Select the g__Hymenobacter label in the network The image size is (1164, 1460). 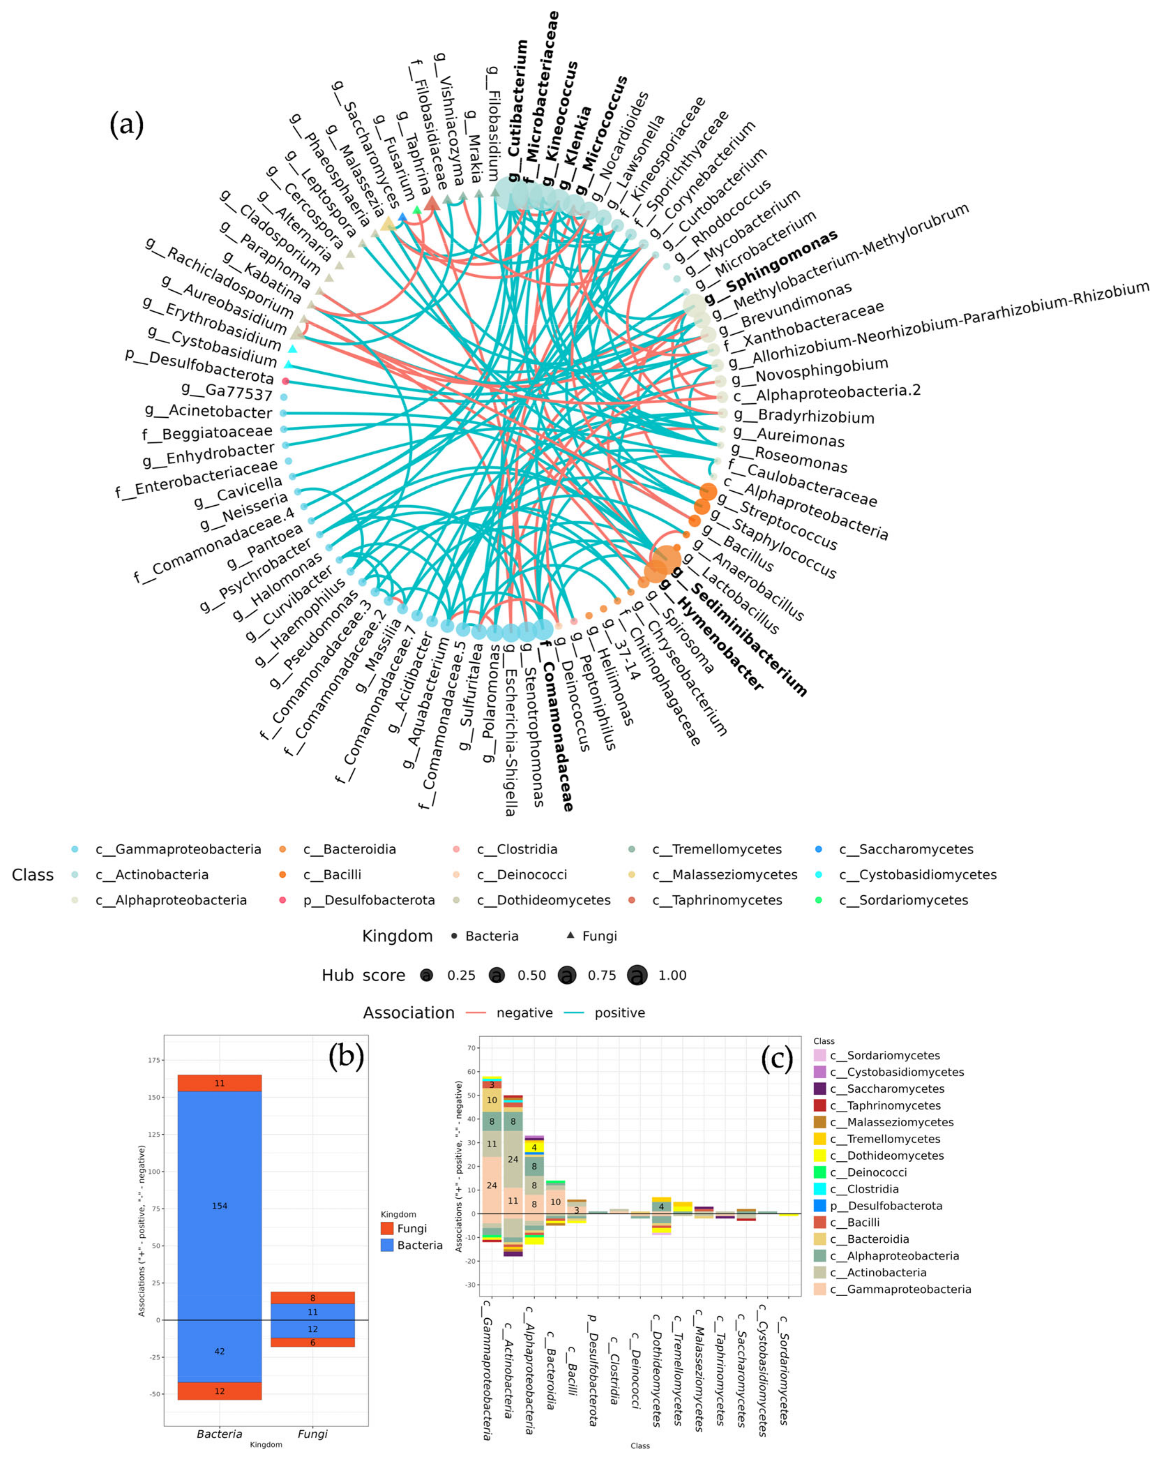point(711,634)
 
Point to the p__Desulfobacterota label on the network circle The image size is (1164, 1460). point(199,367)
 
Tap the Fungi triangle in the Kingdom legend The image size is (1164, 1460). point(570,935)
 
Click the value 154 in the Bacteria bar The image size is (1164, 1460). point(219,1205)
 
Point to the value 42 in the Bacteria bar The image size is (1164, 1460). point(219,1351)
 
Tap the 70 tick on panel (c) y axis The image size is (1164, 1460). point(471,1048)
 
